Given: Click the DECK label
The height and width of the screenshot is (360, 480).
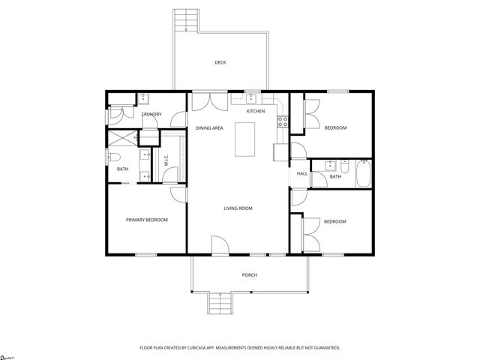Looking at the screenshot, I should pyautogui.click(x=220, y=62).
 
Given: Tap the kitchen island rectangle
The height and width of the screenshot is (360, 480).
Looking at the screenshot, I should pyautogui.click(x=246, y=139).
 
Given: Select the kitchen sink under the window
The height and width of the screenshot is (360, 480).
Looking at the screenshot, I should pyautogui.click(x=250, y=98).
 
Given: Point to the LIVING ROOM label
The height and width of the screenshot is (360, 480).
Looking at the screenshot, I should pyautogui.click(x=237, y=208).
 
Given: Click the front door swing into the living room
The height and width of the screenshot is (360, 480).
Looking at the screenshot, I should pyautogui.click(x=219, y=244).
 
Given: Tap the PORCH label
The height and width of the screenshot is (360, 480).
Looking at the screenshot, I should pyautogui.click(x=249, y=275).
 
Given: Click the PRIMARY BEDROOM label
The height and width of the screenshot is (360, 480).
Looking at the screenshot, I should pyautogui.click(x=146, y=220).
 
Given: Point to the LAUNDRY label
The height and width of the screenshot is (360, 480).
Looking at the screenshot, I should pyautogui.click(x=151, y=114).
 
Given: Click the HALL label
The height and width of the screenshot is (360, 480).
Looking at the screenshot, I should pyautogui.click(x=302, y=173).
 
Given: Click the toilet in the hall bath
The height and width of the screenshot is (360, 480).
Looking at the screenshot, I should pyautogui.click(x=344, y=163).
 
